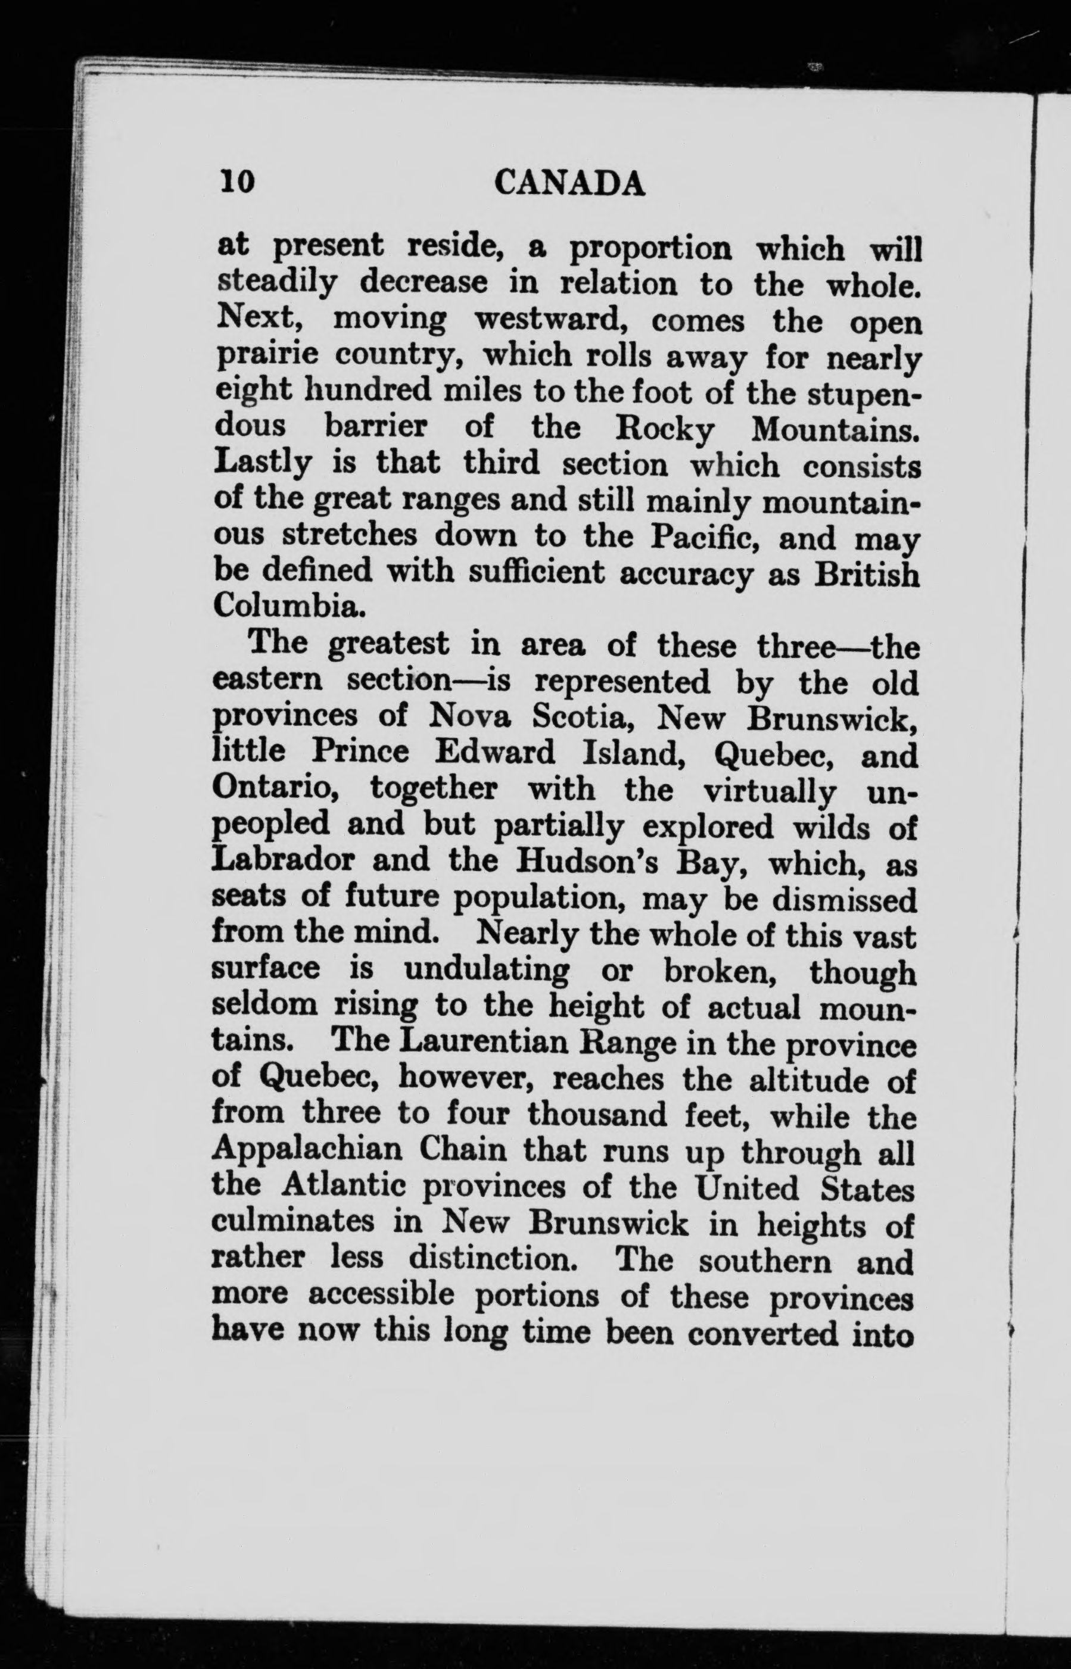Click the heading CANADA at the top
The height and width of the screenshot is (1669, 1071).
coord(569,183)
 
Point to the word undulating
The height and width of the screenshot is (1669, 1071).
coord(486,970)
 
